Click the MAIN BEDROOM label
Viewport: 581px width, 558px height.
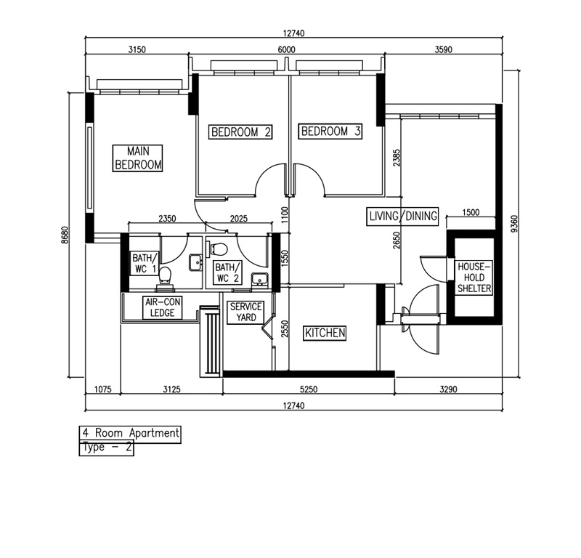pos(138,158)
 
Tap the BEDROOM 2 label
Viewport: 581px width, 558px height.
pos(241,132)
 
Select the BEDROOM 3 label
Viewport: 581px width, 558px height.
pos(330,132)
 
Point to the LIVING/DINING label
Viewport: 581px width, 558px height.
pos(402,216)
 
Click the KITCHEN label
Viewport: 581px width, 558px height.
pos(325,333)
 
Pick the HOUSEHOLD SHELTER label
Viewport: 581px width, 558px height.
pos(474,278)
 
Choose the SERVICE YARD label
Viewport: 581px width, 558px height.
pos(245,312)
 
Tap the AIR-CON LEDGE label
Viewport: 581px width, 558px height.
pos(159,307)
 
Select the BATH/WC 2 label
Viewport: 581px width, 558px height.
pos(225,272)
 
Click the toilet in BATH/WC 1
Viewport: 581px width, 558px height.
pos(166,274)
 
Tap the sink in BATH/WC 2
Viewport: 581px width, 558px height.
pos(258,280)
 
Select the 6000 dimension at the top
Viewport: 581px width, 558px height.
pos(286,50)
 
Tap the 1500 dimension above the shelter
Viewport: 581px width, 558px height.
pos(470,212)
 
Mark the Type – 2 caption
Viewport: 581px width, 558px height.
pos(107,448)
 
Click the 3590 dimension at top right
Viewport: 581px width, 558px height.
pos(442,50)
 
